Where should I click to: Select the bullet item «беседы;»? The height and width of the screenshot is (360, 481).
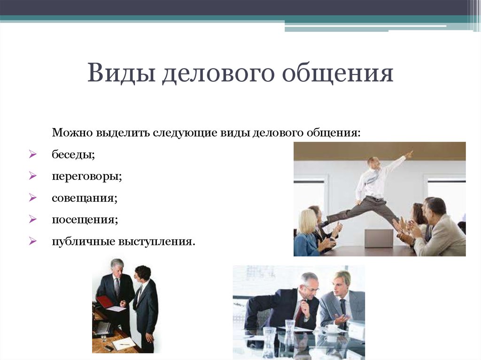pyautogui.click(x=73, y=154)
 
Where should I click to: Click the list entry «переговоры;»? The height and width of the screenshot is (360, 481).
pyautogui.click(x=87, y=176)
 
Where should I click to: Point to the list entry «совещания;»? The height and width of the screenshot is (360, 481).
pyautogui.click(x=85, y=198)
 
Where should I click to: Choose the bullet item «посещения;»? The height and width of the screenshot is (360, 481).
pyautogui.click(x=85, y=220)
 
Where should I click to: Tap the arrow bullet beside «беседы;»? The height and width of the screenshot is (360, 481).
pyautogui.click(x=33, y=154)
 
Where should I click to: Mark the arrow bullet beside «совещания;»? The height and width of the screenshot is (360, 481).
pyautogui.click(x=33, y=198)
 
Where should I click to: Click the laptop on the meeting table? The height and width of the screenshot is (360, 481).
pyautogui.click(x=379, y=238)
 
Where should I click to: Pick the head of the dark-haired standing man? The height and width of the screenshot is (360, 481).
pyautogui.click(x=143, y=274)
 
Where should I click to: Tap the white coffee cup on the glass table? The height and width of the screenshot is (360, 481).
pyautogui.click(x=331, y=329)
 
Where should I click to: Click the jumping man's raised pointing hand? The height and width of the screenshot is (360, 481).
pyautogui.click(x=409, y=154)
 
